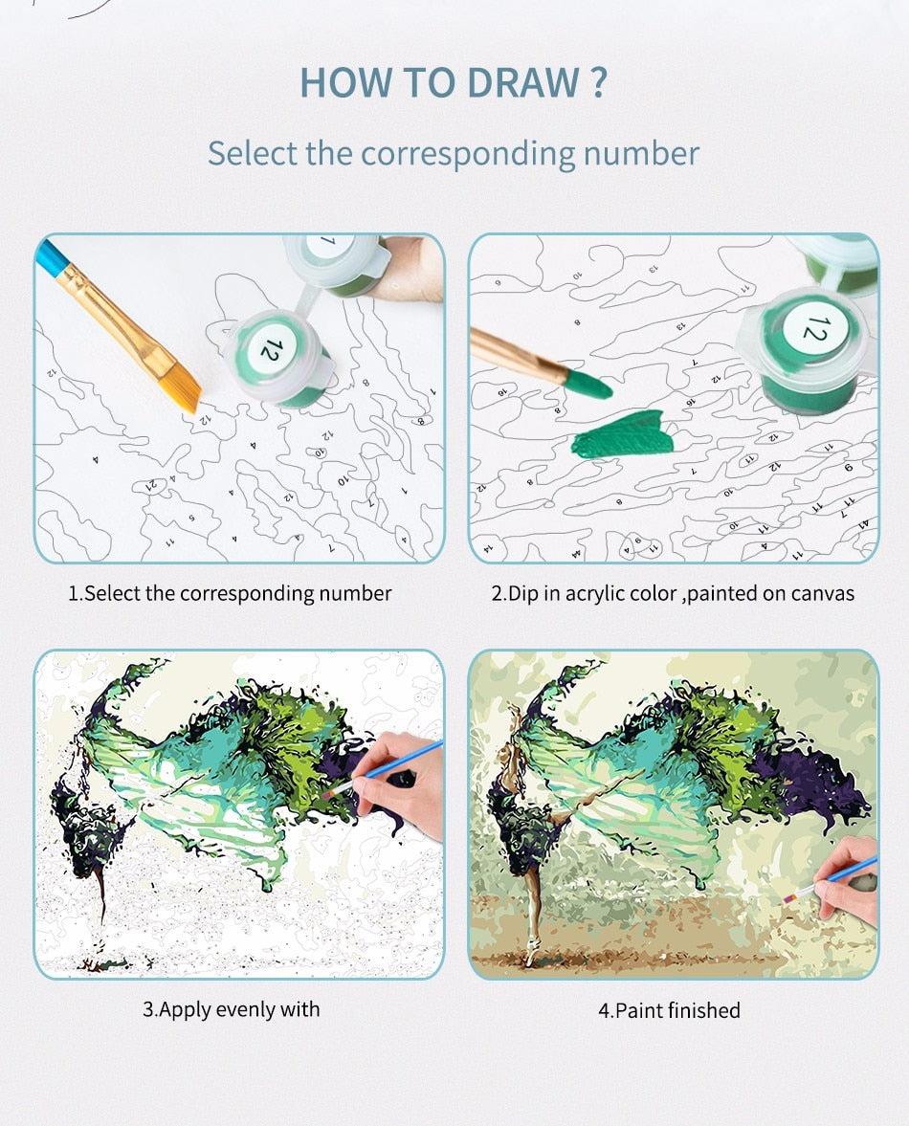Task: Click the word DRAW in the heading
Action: point(523,82)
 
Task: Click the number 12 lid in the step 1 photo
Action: point(272,350)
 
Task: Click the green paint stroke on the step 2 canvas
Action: point(623,433)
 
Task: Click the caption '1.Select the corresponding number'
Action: point(230,593)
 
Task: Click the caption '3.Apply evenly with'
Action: point(232,1009)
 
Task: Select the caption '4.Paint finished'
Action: point(669,1010)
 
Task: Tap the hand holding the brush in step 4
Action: point(850,881)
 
